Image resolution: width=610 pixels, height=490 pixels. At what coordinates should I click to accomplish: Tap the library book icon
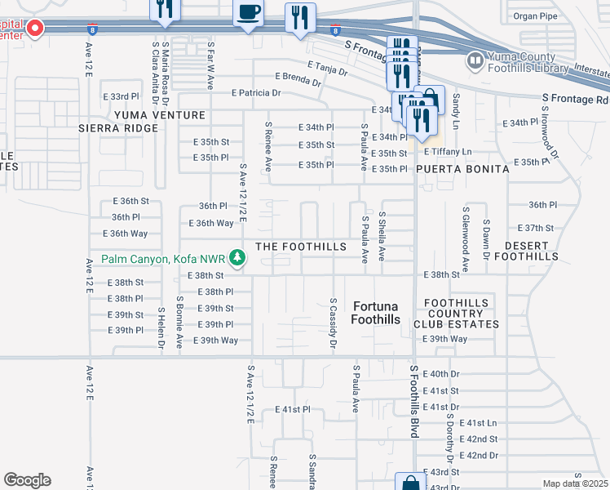(x=475, y=60)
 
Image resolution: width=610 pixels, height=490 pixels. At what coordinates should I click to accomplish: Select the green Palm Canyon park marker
(x=237, y=259)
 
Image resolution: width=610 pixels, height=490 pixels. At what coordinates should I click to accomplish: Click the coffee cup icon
(x=248, y=13)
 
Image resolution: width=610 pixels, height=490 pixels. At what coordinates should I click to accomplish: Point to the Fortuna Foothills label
(x=376, y=313)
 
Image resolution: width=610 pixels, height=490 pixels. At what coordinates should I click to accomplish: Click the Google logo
(x=27, y=480)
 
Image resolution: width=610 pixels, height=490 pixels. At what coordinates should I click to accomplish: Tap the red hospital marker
(x=35, y=29)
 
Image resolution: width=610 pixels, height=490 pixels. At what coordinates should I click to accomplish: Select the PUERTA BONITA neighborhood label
(x=462, y=168)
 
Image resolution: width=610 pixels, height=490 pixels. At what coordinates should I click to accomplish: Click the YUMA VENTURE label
(x=160, y=115)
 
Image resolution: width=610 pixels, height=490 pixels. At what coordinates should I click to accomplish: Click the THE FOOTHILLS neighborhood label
(x=302, y=247)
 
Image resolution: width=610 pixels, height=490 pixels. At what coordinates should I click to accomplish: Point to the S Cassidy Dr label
(x=333, y=325)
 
